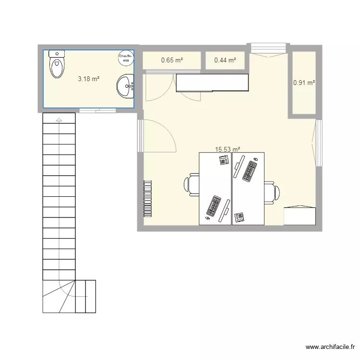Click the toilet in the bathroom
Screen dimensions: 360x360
57,64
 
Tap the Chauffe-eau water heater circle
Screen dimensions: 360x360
126,58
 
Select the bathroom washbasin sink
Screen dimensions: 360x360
125,86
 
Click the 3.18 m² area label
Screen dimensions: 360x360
89,79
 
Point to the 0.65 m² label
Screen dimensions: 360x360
172,60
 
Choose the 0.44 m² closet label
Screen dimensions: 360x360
225,60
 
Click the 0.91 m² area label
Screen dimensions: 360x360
304,83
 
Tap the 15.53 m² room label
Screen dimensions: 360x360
228,149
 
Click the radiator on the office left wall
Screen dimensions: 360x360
148,199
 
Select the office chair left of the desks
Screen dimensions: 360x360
192,185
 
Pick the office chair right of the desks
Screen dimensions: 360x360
272,192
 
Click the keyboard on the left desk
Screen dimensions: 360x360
214,206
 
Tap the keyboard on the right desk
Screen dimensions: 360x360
250,171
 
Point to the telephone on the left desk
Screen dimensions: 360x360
225,160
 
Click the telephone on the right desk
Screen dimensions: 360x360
239,217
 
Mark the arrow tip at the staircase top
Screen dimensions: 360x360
59,118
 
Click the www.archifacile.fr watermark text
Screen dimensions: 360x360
330,347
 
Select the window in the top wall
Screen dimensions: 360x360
268,48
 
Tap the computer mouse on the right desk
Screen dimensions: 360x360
256,159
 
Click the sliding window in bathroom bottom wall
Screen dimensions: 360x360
97,110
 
